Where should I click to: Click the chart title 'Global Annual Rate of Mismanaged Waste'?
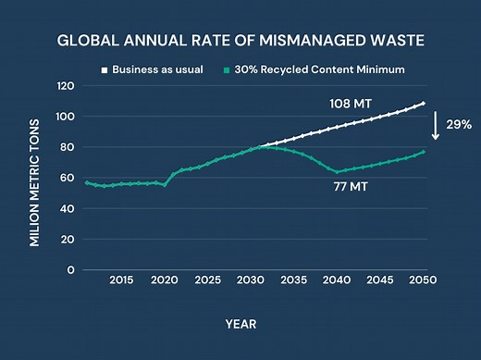240,42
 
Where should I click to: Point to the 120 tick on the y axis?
64,86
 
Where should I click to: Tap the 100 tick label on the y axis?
64,117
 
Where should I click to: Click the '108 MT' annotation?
351,104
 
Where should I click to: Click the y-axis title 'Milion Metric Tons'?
34,179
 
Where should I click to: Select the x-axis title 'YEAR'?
240,324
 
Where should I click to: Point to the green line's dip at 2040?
339,171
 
